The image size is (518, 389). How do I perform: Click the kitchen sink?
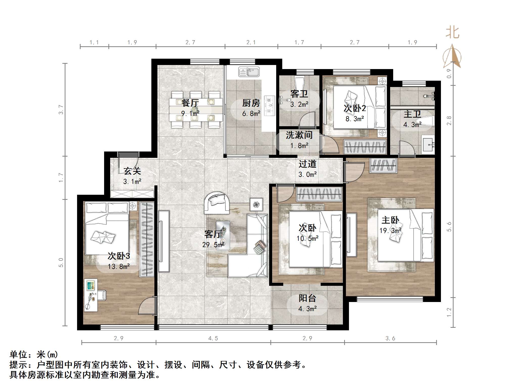tap(249, 72)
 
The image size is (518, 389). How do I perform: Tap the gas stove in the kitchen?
tap(269, 105)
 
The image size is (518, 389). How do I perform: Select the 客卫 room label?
tap(299, 94)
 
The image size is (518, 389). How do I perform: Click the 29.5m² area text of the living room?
tap(213, 245)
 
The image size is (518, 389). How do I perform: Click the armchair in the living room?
tap(217, 203)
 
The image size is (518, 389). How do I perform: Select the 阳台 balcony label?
tap(307, 298)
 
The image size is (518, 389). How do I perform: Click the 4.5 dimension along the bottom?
tap(213, 338)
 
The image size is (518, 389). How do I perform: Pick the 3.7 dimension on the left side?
tap(61, 110)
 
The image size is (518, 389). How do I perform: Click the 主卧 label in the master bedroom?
tap(390, 220)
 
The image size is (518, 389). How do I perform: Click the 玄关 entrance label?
tap(132, 171)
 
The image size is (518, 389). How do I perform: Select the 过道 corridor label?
tap(307, 164)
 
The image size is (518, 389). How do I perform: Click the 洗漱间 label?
tap(299, 135)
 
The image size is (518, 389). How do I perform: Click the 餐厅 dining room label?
tap(190, 103)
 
